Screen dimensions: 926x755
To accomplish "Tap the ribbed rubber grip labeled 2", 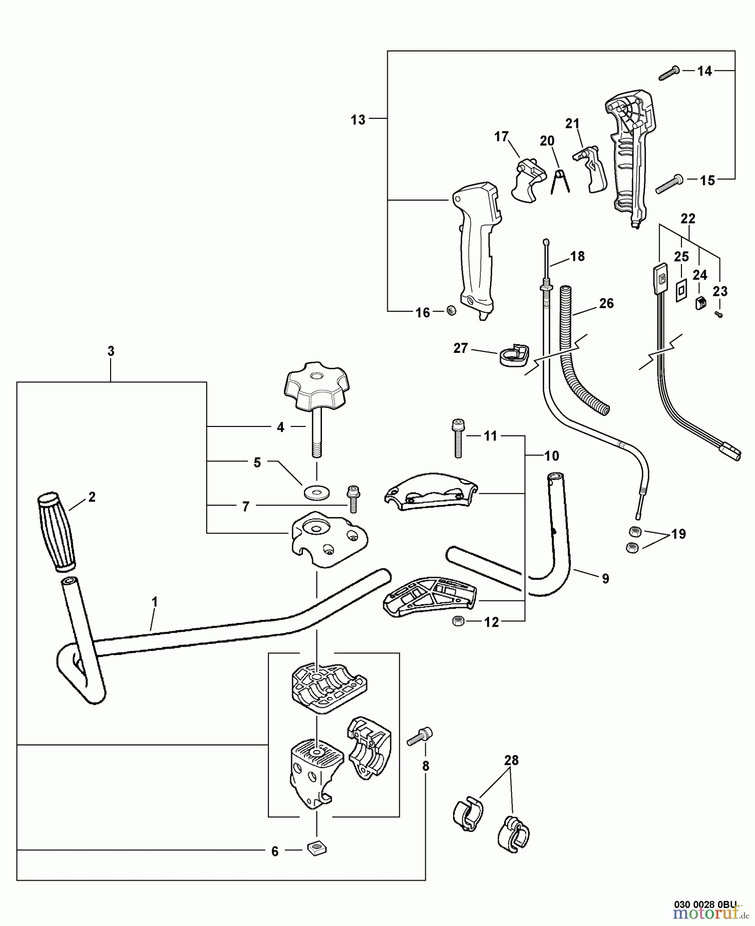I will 57,532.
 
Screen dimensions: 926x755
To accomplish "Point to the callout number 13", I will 358,120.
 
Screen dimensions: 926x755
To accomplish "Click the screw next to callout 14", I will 669,73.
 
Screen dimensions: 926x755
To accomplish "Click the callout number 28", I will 511,760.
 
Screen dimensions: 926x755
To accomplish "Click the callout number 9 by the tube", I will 605,579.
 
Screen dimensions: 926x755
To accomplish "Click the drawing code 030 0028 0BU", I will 705,903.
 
